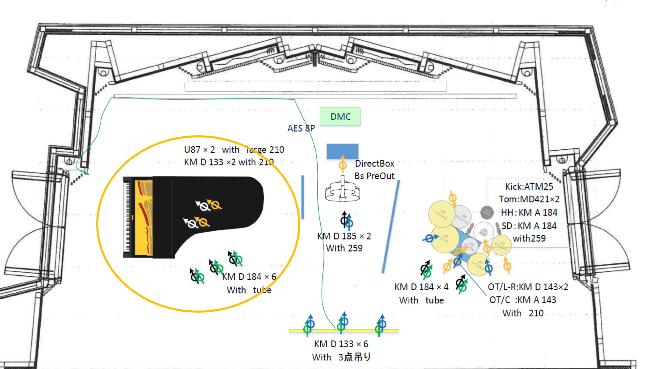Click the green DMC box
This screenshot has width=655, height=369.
(340, 117)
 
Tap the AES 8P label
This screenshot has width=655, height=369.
(301, 128)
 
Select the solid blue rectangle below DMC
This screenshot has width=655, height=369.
(342, 151)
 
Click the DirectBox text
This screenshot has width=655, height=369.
(374, 164)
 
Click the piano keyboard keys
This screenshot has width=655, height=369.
(127, 217)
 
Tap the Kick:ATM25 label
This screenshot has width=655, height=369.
(529, 187)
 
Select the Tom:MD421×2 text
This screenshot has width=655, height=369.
(529, 199)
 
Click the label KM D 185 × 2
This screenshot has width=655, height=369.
(344, 236)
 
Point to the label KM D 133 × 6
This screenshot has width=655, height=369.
(341, 344)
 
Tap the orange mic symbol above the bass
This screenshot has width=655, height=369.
(343, 164)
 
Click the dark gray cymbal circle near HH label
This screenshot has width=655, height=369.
(487, 212)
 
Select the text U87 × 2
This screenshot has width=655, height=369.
(199, 150)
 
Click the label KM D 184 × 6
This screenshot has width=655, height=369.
(249, 277)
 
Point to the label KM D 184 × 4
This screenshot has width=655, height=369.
(421, 287)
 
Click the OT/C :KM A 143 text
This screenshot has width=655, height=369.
(523, 300)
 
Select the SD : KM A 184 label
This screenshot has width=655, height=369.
(529, 226)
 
